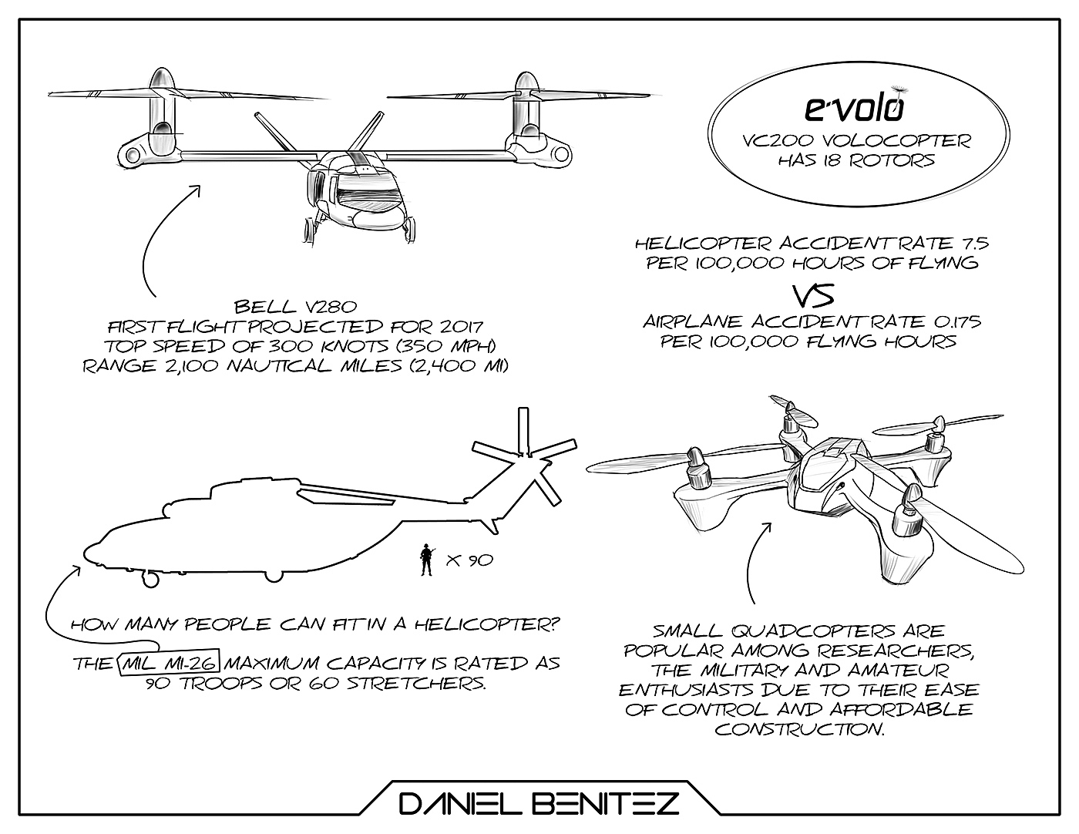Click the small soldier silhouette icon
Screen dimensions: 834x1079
[x=425, y=560]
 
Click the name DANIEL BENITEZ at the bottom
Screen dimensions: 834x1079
[x=539, y=805]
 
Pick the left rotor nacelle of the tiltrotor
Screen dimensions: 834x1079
[x=161, y=116]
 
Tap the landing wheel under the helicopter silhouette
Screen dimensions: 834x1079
[x=150, y=578]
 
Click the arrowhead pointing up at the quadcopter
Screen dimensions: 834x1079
[x=766, y=526]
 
